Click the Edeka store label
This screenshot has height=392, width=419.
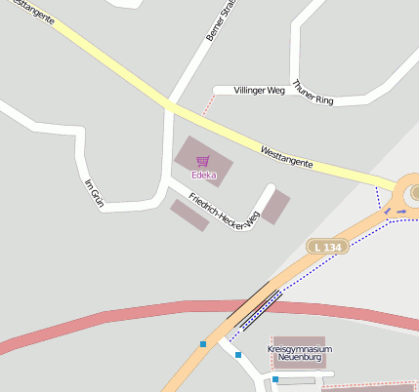click(203, 176)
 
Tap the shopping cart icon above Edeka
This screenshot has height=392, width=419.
click(202, 162)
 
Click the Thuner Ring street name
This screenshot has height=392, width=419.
click(313, 93)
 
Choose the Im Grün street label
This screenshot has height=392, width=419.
click(95, 193)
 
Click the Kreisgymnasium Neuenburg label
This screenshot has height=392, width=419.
click(300, 353)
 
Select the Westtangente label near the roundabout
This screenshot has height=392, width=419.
click(286, 156)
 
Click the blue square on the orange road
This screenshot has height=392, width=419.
click(203, 343)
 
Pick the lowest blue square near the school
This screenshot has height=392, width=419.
click(275, 379)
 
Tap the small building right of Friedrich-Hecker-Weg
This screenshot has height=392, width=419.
click(275, 206)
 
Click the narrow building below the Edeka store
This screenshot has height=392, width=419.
click(189, 215)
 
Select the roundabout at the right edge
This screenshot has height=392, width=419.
click(411, 191)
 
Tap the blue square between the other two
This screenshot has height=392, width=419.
click(238, 355)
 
